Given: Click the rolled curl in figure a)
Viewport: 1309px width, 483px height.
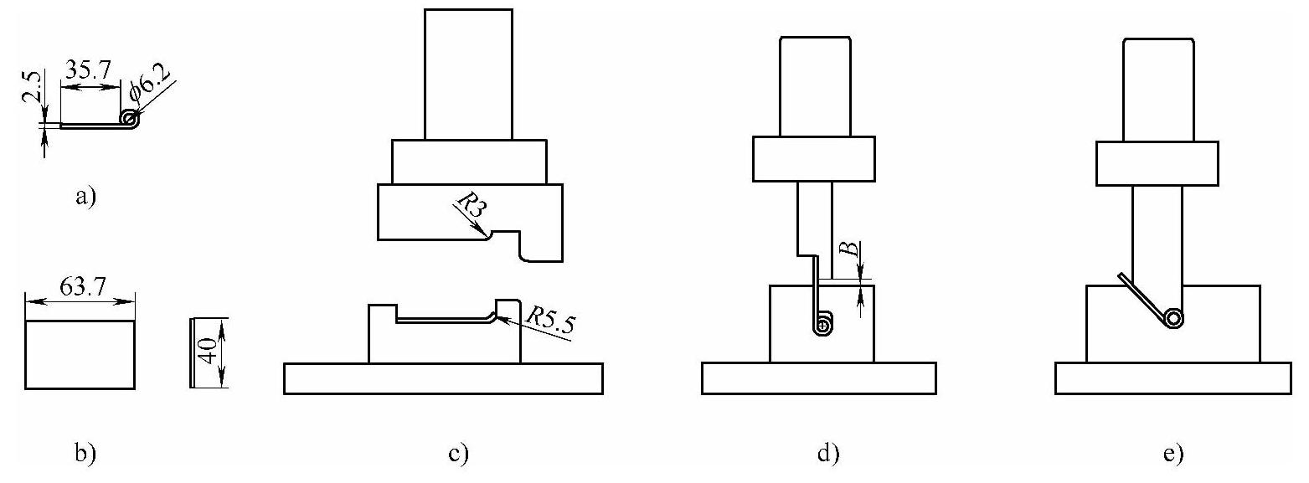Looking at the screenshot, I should [x=130, y=121].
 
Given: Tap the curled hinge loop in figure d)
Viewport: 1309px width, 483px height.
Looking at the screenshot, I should [x=824, y=325].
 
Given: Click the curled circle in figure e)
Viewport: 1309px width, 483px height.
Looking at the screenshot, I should [x=1172, y=319].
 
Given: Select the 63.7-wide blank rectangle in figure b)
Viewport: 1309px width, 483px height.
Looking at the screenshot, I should [x=80, y=355].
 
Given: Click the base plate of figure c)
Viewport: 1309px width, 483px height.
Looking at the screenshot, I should [x=443, y=378].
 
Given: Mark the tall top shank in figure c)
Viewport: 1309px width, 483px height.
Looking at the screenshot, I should [x=468, y=74].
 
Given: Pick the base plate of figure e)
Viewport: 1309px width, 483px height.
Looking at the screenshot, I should [x=1172, y=378].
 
